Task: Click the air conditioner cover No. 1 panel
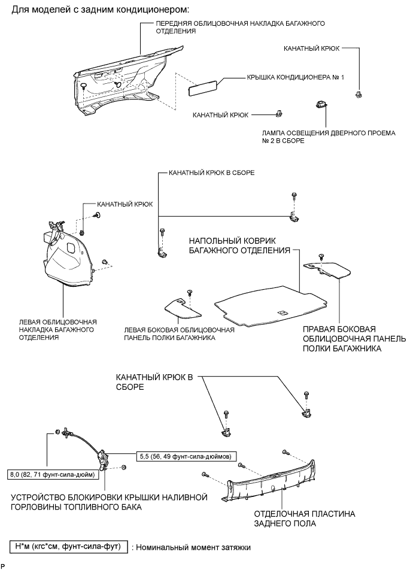204,89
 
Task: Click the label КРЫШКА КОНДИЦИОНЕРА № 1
295,77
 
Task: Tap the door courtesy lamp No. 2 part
321,105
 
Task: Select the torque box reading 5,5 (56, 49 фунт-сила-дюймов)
186,456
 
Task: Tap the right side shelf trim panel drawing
326,269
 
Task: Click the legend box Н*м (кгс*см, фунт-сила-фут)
68,547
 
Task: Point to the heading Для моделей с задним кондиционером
101,10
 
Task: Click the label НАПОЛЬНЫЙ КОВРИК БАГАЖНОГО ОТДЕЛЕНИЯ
239,245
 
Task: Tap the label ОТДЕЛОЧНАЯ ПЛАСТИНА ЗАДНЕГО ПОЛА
304,519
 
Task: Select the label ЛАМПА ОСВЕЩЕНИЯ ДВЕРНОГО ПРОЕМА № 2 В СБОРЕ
328,137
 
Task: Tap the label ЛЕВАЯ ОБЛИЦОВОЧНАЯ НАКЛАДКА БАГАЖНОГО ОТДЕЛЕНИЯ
58,330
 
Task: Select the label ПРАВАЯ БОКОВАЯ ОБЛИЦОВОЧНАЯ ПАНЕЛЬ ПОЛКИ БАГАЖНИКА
354,339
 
